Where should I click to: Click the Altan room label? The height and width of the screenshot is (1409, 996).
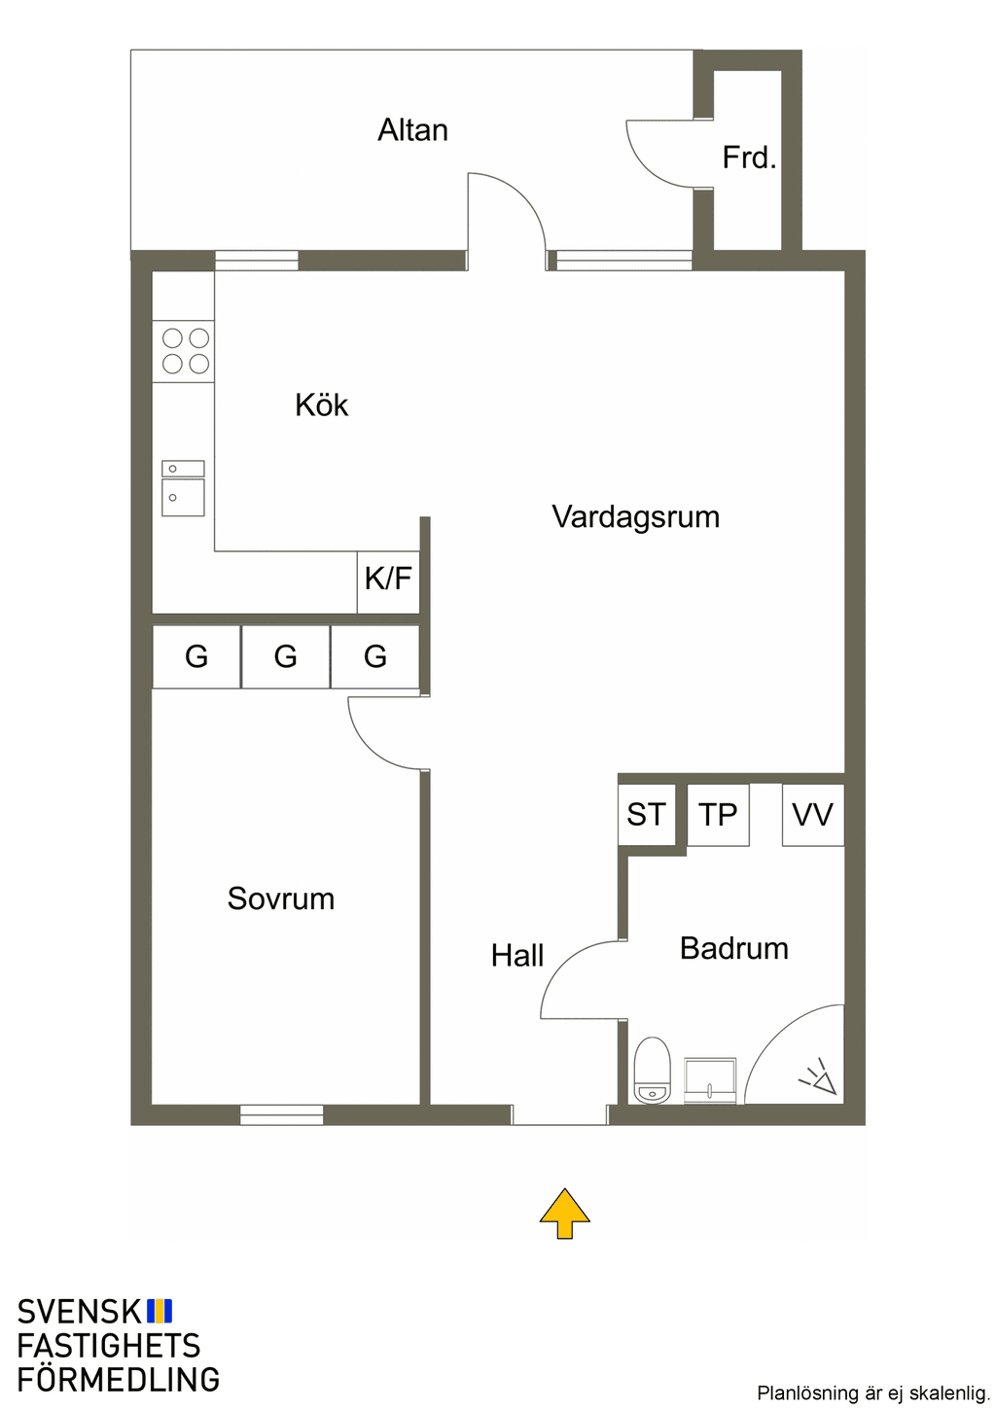click(x=412, y=130)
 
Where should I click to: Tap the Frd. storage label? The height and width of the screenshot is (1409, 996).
click(x=749, y=158)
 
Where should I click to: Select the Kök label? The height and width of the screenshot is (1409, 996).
click(x=322, y=405)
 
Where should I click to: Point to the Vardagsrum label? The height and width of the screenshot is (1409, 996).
click(x=635, y=517)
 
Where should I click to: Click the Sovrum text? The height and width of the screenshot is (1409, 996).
click(x=281, y=898)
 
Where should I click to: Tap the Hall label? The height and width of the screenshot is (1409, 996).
click(x=517, y=956)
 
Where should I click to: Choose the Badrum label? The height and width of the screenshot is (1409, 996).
click(x=733, y=948)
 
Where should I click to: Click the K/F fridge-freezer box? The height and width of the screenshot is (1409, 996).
click(x=388, y=582)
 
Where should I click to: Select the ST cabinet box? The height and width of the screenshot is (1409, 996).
click(x=647, y=815)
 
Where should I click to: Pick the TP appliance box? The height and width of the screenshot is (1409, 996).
click(x=718, y=815)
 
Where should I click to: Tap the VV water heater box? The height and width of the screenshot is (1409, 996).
click(x=813, y=815)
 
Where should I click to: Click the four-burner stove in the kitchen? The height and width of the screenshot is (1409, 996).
click(x=183, y=351)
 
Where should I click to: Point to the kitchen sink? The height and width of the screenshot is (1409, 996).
click(x=183, y=488)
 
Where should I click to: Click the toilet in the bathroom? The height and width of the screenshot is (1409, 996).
click(x=652, y=1071)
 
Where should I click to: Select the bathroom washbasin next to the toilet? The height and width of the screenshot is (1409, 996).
click(x=710, y=1080)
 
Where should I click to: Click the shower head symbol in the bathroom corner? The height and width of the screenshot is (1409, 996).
click(x=818, y=1076)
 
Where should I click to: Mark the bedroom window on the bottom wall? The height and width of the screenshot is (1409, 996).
click(x=281, y=1114)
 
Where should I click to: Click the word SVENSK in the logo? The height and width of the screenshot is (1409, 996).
click(x=79, y=1312)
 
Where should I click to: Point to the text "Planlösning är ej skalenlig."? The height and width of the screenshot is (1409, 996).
click(x=873, y=1392)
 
